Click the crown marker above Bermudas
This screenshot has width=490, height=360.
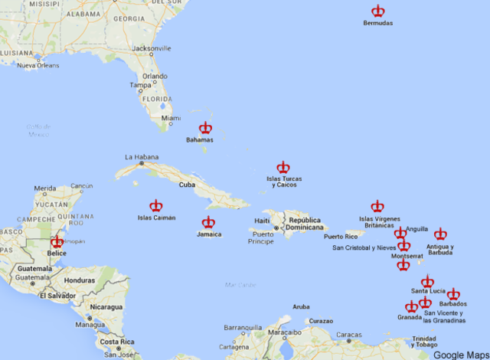[x=378, y=11]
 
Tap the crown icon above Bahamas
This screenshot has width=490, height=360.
[x=205, y=129]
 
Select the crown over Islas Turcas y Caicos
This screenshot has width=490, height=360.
[x=283, y=167]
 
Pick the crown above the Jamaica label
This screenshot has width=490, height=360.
[x=208, y=223]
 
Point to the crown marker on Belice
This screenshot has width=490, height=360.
[x=57, y=242]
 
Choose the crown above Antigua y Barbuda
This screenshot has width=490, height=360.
[x=440, y=234]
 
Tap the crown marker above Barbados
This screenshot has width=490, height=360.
[x=453, y=294]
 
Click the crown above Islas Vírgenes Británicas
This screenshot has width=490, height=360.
[x=377, y=206]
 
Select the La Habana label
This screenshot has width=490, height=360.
[x=140, y=156]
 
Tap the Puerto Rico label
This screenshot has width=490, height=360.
[x=340, y=237]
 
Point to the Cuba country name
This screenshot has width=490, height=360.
[x=188, y=185]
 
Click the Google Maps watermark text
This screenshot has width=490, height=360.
[x=459, y=355]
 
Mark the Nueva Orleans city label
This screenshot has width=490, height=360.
[x=38, y=66]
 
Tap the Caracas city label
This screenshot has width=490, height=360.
[x=349, y=335]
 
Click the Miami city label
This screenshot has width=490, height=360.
[x=171, y=118]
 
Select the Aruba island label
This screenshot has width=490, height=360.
[x=301, y=306]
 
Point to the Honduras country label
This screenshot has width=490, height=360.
[x=80, y=280]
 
